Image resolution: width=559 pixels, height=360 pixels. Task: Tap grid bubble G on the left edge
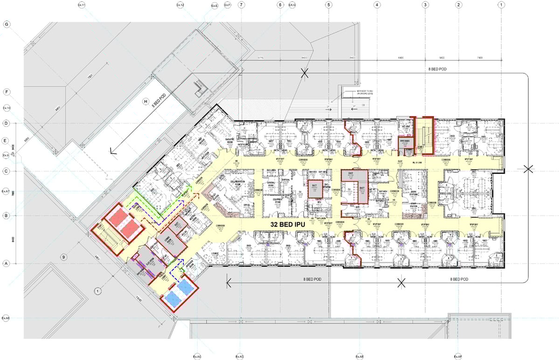[x=7, y=24]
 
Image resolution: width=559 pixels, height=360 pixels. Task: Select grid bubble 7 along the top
[x=241, y=5]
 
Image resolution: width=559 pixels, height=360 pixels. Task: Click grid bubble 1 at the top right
[x=501, y=5]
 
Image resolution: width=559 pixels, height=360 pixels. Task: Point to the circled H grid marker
[x=145, y=101]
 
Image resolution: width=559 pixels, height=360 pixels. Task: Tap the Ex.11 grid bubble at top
[x=82, y=5]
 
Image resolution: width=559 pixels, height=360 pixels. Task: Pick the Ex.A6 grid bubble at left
[x=6, y=318]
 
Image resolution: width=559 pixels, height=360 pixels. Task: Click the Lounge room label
[x=215, y=254]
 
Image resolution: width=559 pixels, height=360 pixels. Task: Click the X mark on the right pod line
[x=528, y=169]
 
